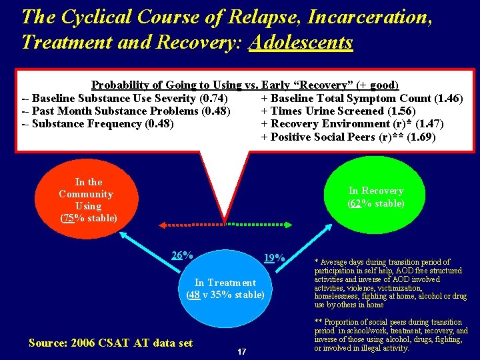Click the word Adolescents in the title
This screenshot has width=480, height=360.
coord(301,43)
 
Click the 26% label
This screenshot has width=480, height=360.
coord(182,255)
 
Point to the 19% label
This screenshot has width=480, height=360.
coord(274,257)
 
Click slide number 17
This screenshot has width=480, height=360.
coord(241,351)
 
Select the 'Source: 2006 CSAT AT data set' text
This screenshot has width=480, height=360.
coord(111,343)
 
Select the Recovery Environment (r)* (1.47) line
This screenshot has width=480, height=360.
coord(351,123)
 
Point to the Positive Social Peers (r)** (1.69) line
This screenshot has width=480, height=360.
coord(348,137)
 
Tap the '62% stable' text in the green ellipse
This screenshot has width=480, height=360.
coord(376,203)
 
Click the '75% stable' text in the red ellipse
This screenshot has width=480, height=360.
coord(89,218)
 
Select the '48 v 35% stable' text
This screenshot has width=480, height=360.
coord(225,295)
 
